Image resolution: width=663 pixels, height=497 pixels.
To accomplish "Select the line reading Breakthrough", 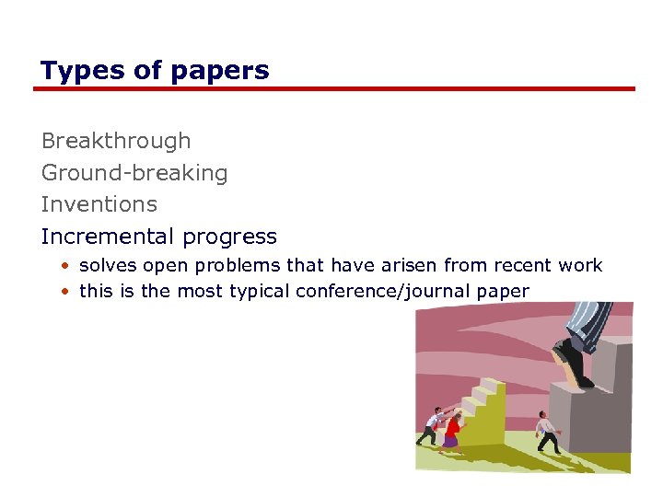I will [116, 141].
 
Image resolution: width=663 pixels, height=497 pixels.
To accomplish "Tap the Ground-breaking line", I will [134, 173].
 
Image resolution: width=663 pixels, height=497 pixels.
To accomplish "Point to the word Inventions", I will [99, 204].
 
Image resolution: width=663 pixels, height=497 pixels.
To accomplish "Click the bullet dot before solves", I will [66, 266].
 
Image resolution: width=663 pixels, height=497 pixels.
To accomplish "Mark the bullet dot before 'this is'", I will [66, 292].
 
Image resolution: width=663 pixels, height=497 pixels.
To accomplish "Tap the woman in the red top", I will [451, 431].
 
